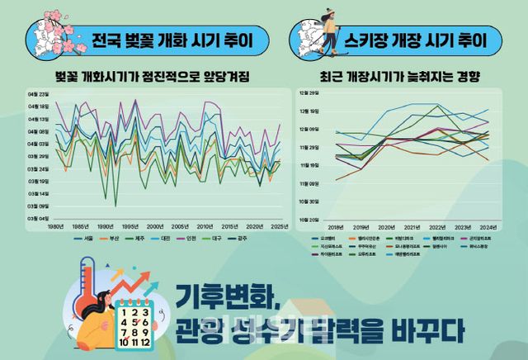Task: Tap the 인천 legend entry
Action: point(190,238)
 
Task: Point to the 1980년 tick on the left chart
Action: point(56,226)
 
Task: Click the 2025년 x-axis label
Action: point(279,226)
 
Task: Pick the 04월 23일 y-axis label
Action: point(39,94)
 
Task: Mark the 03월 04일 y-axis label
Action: point(39,218)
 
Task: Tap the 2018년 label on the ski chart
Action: point(336,226)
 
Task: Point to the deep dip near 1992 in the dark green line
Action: point(115,204)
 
